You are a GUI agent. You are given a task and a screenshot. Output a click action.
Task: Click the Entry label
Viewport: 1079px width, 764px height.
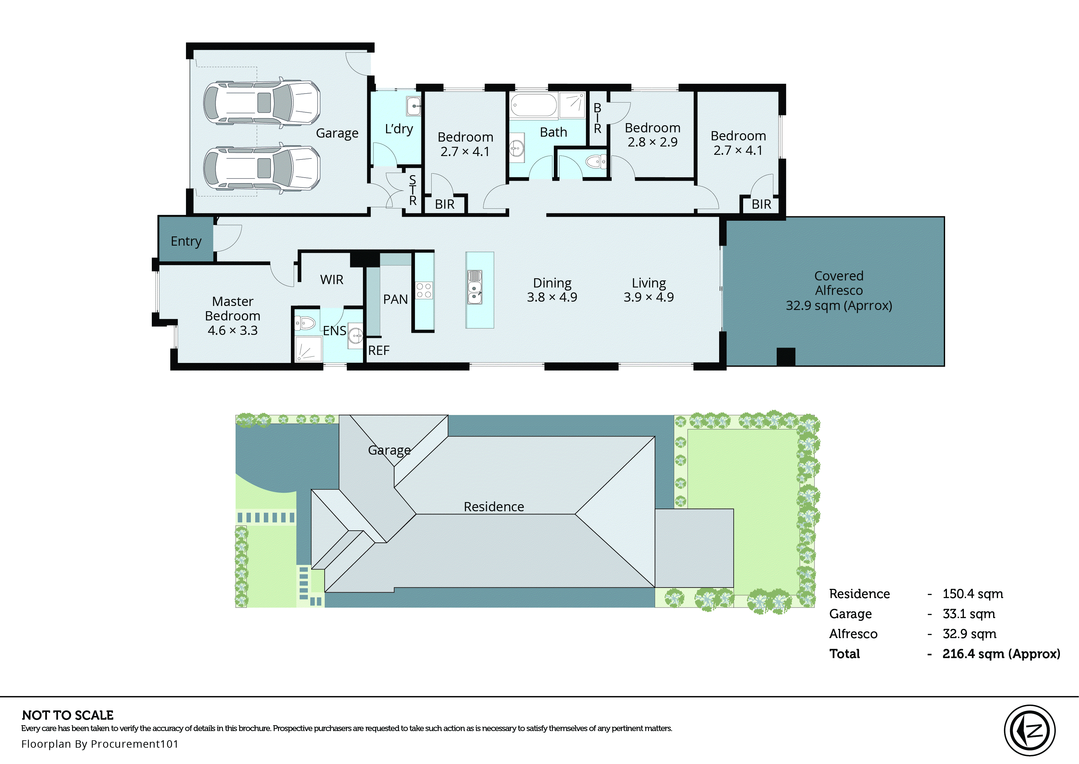click(186, 241)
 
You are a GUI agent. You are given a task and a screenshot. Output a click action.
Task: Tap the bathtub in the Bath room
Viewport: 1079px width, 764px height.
click(533, 105)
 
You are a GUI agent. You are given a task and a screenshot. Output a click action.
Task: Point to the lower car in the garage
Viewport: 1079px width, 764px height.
click(262, 168)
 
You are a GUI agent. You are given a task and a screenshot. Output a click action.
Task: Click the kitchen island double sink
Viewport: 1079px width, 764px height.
click(475, 287)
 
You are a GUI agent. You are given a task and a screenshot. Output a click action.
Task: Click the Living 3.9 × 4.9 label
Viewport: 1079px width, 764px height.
click(649, 290)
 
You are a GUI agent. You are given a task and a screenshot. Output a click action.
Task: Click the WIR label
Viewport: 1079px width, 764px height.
click(332, 279)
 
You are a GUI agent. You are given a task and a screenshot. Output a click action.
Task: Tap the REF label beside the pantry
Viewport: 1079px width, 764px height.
click(379, 351)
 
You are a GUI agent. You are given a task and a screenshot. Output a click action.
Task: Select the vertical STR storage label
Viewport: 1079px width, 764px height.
click(413, 190)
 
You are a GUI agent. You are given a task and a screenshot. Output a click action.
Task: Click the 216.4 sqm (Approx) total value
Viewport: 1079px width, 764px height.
click(1001, 654)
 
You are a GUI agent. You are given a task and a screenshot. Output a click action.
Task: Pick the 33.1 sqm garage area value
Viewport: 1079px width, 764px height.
click(968, 614)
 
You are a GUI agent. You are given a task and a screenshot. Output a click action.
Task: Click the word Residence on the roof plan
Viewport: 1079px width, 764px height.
click(493, 507)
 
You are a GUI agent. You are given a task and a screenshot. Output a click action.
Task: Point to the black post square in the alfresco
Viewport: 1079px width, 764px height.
click(786, 356)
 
